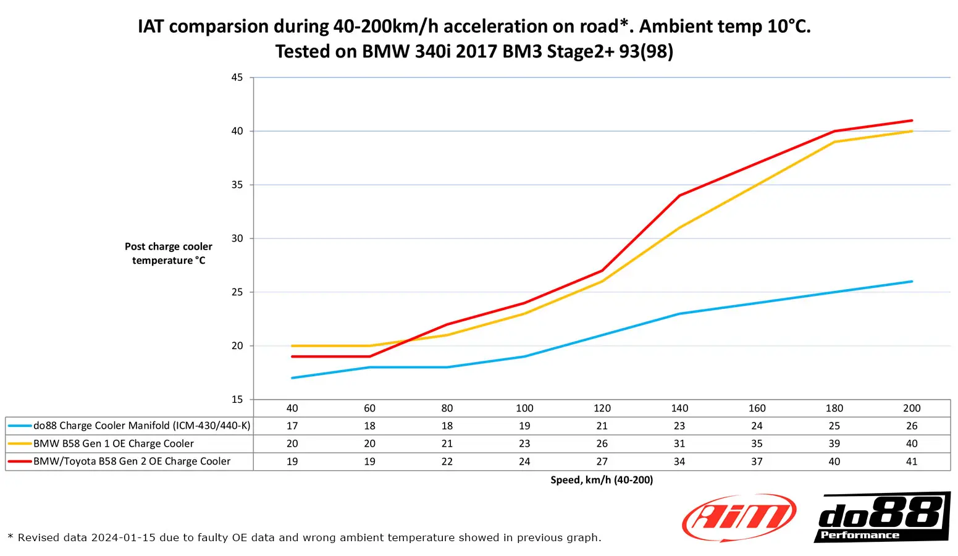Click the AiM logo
pos(739,518)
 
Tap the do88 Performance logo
pos(882,518)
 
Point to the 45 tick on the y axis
pos(237,77)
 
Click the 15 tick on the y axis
pos(237,400)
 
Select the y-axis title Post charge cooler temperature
pos(168,253)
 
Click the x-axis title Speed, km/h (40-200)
pos(602,480)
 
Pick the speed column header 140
pos(679,408)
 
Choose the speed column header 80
pos(447,408)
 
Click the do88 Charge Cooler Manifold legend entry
pos(141,426)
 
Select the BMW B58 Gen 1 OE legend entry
pos(114,444)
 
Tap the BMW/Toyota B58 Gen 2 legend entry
pos(132,461)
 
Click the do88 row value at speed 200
pos(912,426)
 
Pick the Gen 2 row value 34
pos(679,461)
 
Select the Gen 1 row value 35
pos(757,444)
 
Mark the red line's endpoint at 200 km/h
pos(912,120)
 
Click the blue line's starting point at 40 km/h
pos(292,378)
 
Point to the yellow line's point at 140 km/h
pos(679,228)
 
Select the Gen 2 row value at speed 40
pos(292,461)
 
